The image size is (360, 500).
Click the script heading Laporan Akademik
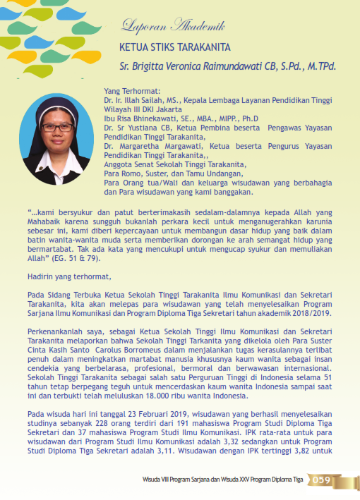click(x=173, y=27)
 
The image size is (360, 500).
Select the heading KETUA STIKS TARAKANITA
click(x=170, y=49)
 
